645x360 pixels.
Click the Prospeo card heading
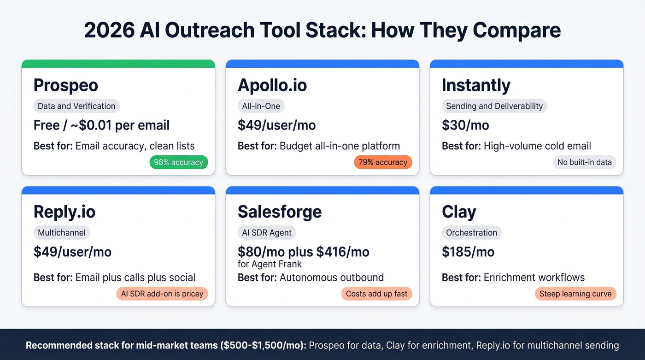(66, 86)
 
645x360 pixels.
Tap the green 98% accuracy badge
(179, 162)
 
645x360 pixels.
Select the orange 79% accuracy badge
(383, 162)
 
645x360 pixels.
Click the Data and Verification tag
(76, 106)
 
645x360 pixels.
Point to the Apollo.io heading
(272, 86)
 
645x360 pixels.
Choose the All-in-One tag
(261, 106)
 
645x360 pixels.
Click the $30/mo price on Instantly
(465, 125)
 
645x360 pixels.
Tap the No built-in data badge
(584, 162)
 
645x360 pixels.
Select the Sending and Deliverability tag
(494, 106)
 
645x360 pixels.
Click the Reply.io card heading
(64, 212)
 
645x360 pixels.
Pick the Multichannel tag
(62, 233)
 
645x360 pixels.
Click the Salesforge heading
(280, 212)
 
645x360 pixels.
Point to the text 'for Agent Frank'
(270, 264)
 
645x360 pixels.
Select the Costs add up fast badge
(377, 294)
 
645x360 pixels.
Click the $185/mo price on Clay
(468, 252)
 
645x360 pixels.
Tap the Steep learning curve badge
(575, 294)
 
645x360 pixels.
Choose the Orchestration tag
(471, 233)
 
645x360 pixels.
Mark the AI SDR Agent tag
(267, 233)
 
